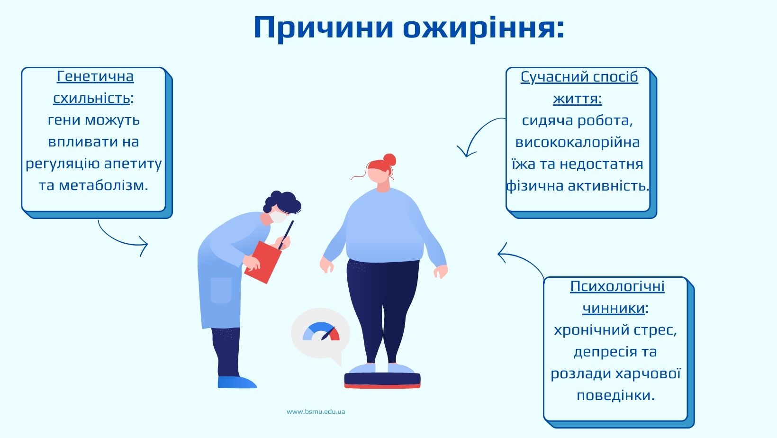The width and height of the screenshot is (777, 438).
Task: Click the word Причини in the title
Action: tap(323, 28)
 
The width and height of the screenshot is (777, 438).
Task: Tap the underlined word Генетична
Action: tap(95, 76)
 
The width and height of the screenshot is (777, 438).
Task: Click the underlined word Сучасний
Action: tap(548, 77)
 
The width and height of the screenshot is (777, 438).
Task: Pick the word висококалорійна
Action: tap(578, 142)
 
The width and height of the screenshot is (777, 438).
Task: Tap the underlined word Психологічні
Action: tap(617, 287)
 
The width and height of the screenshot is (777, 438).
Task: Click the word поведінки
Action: tap(616, 395)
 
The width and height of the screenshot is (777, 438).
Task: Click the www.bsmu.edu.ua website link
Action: tap(316, 411)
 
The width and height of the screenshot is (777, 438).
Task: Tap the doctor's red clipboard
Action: tap(262, 262)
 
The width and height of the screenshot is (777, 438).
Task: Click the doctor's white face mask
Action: tap(279, 217)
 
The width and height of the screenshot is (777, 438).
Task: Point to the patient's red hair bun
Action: tap(389, 160)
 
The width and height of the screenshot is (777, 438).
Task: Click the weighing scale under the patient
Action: tap(382, 380)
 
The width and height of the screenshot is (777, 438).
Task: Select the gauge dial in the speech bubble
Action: tap(321, 332)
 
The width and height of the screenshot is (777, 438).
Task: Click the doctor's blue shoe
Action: tap(237, 382)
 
